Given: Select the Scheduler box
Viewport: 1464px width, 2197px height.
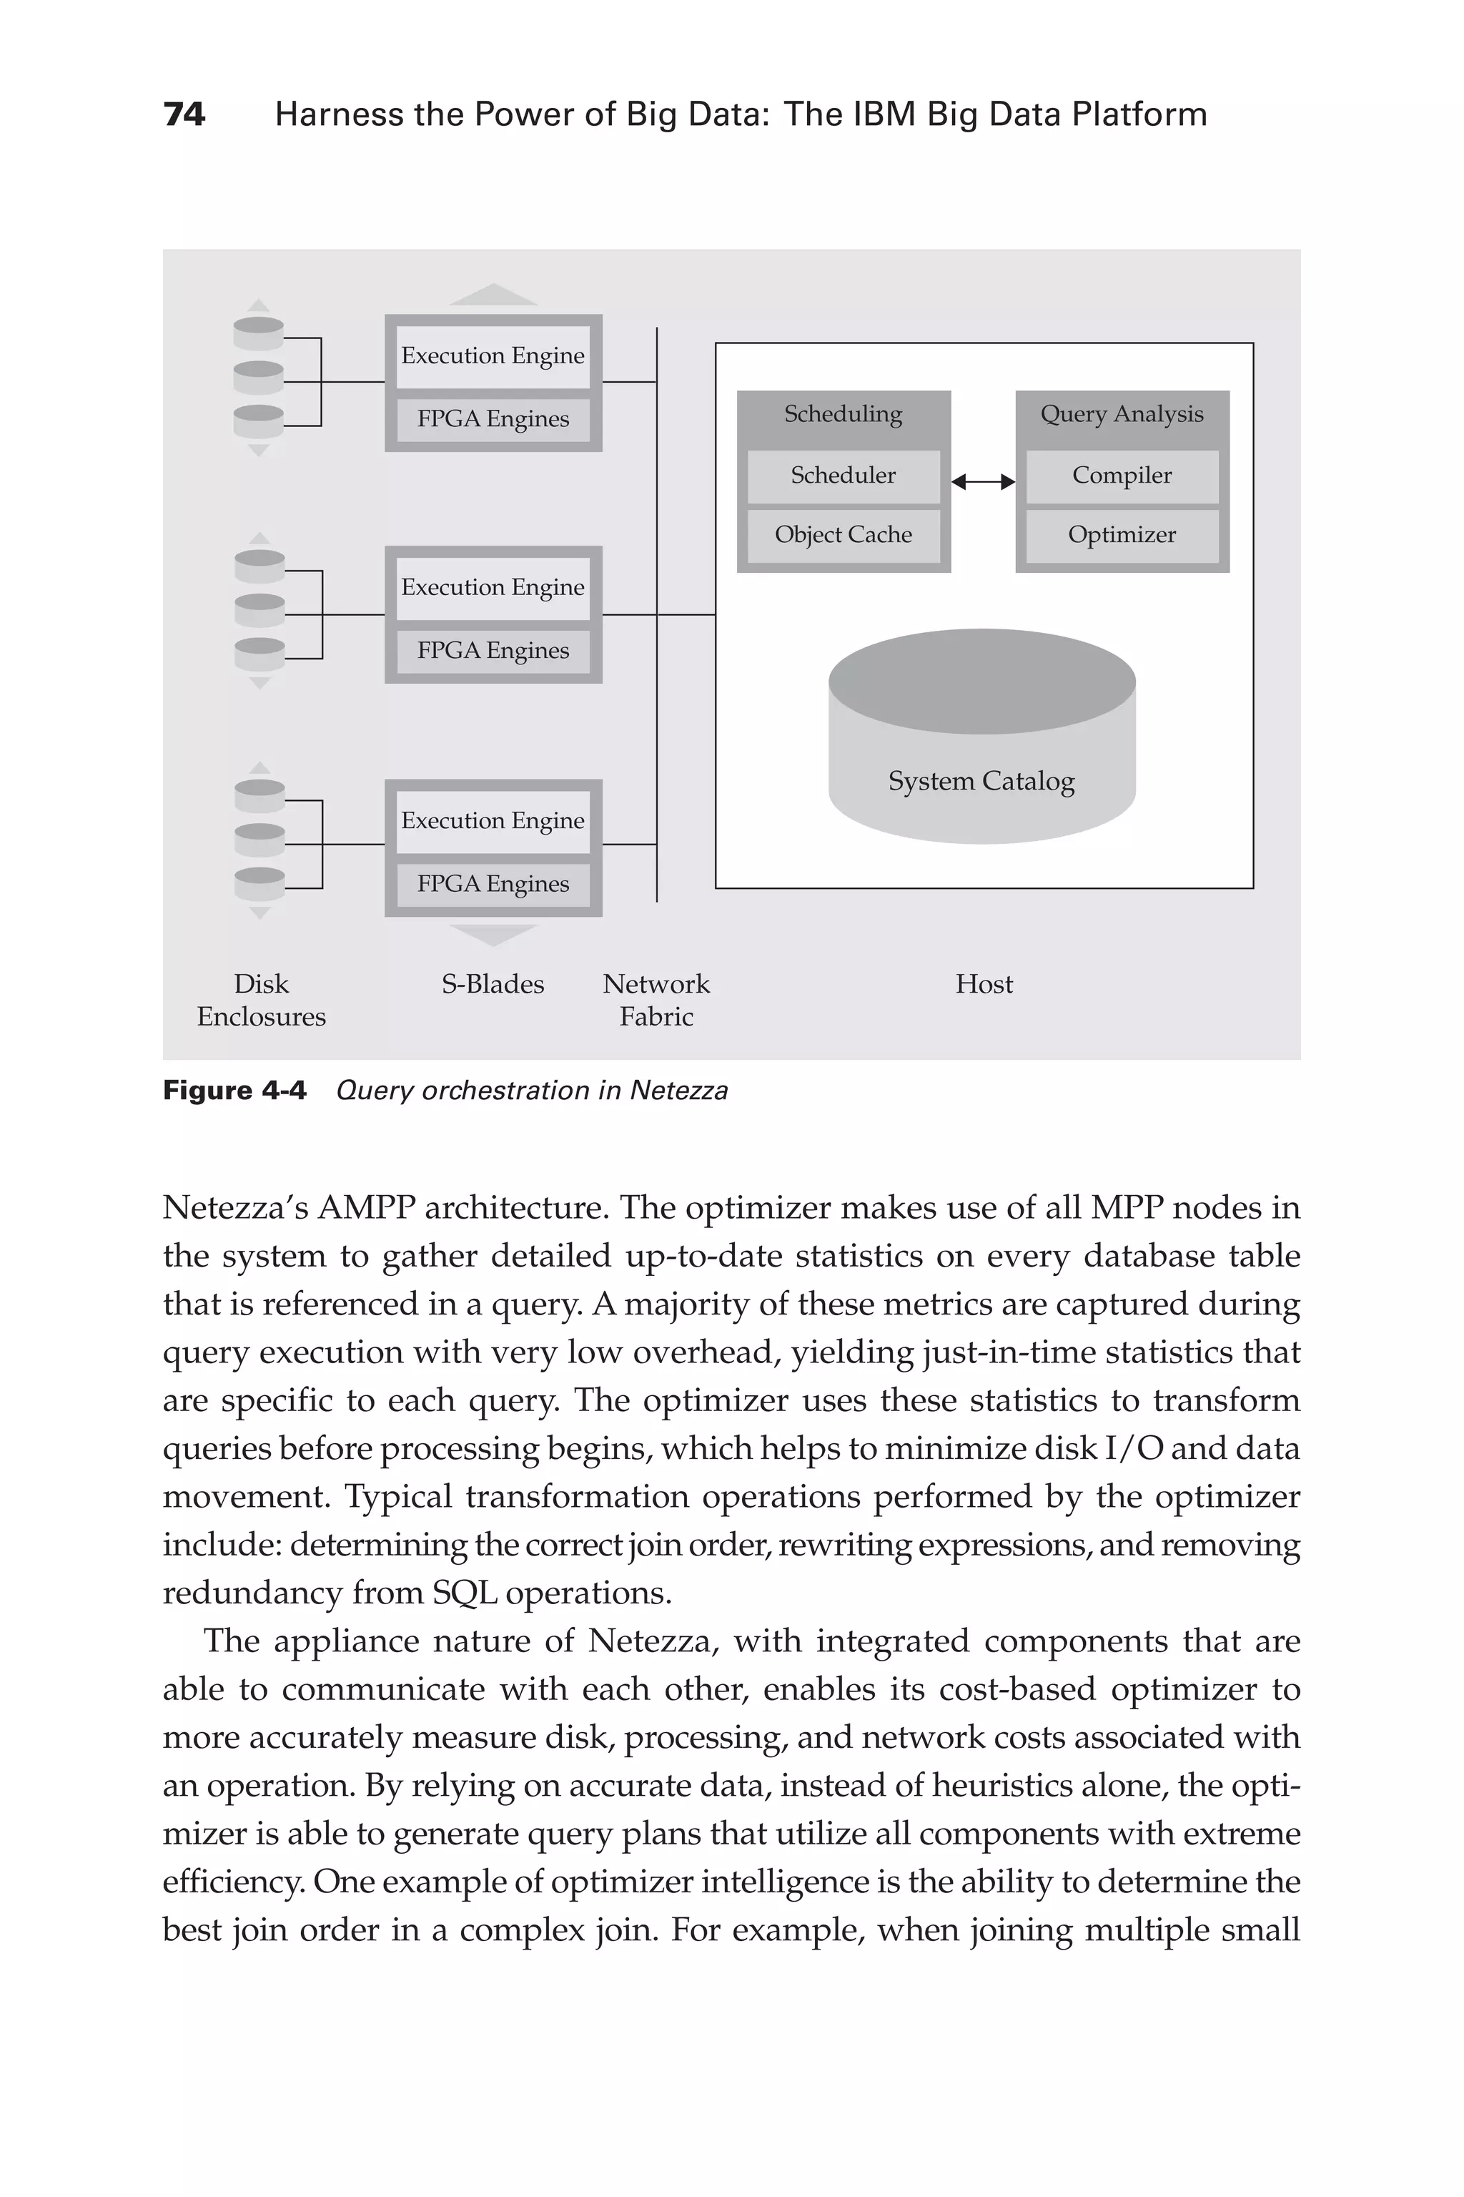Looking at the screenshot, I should (843, 476).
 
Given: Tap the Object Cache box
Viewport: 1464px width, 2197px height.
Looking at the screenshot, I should (843, 535).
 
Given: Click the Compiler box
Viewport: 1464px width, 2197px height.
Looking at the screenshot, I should (1122, 476).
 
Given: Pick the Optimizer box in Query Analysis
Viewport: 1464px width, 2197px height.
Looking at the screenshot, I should (1122, 535).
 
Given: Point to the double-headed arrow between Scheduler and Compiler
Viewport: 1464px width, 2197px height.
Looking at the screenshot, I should (983, 482).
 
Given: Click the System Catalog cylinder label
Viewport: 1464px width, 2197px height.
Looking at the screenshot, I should (981, 781).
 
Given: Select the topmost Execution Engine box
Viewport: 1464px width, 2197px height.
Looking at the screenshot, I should (493, 356).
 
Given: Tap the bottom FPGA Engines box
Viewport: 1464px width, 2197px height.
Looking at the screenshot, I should (493, 884).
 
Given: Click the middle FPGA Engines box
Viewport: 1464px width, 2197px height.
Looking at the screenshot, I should (493, 651).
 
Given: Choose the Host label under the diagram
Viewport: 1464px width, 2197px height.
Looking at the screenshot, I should (983, 985).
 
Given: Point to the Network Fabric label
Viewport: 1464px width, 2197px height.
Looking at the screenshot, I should (656, 1001).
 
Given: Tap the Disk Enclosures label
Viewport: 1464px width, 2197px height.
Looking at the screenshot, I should (262, 1001).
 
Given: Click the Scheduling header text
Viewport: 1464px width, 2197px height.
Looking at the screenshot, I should (843, 414).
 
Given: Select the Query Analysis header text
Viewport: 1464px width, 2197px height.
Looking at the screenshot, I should (1122, 414).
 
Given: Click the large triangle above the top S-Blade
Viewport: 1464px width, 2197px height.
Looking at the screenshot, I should (493, 295).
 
